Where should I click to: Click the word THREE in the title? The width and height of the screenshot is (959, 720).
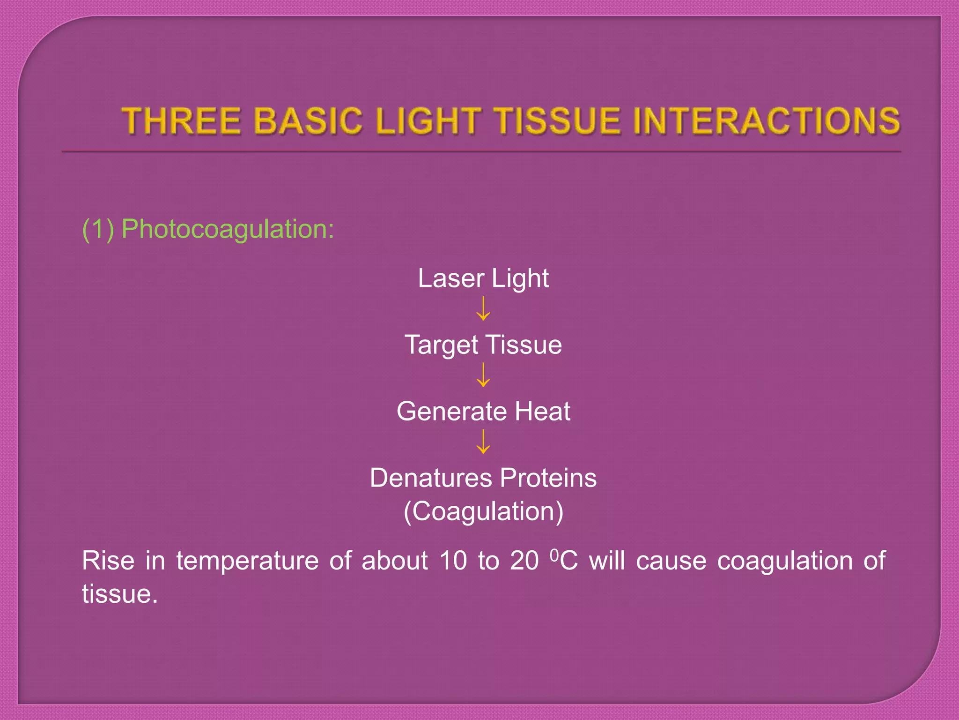[182, 120]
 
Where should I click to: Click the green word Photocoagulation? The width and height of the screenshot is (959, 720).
[228, 229]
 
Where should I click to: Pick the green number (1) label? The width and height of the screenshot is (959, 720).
[98, 229]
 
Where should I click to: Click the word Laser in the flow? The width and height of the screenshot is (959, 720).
[450, 278]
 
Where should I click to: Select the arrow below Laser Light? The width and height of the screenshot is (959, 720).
[483, 308]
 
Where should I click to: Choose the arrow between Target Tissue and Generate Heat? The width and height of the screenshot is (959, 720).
[483, 375]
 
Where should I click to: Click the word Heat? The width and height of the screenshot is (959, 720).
[542, 412]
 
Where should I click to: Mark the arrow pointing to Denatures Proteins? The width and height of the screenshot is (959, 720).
[483, 442]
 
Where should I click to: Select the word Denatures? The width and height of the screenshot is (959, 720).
[431, 478]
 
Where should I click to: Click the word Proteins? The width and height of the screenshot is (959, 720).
[548, 478]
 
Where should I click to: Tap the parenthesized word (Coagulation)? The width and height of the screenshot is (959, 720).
[483, 511]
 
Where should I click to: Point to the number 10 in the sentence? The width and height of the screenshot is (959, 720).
[453, 561]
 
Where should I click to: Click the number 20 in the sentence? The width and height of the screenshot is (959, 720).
[524, 561]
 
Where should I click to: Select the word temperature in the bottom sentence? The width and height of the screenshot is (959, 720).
[248, 561]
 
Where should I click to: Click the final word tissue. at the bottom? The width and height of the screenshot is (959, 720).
[119, 594]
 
